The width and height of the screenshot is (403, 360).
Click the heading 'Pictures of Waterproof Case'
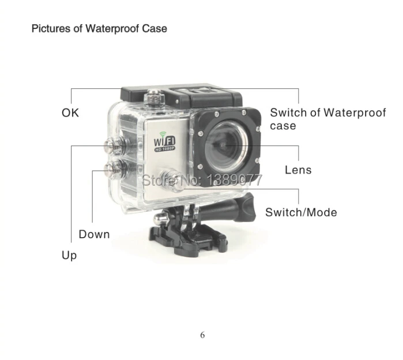point(99,28)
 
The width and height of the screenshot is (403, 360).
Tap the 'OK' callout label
point(70,113)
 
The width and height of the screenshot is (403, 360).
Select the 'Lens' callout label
point(298,170)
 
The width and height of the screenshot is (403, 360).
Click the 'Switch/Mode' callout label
point(301,212)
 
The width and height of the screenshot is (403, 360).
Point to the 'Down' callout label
point(94,234)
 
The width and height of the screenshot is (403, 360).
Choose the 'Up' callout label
point(69,254)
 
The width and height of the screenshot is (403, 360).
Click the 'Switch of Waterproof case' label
point(327,119)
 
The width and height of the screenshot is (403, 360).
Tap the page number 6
point(202,335)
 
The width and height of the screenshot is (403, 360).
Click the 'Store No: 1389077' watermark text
point(202,179)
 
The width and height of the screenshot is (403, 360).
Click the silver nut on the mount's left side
point(158,220)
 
